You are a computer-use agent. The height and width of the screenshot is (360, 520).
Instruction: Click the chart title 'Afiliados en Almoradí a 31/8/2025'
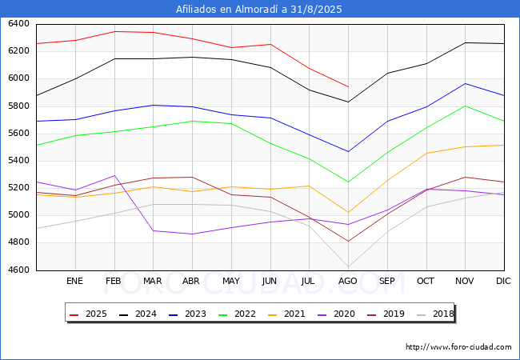258,10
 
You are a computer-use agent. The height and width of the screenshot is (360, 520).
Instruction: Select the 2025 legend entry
88,314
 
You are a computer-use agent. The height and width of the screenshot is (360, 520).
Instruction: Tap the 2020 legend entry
336,314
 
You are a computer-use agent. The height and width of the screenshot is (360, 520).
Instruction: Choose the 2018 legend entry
435,314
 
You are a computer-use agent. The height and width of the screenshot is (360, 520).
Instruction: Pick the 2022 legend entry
237,314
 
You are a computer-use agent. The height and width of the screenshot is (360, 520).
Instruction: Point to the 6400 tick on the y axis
18,24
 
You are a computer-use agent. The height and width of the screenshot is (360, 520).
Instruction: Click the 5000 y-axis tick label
18,215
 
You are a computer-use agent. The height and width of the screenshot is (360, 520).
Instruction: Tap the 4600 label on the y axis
18,270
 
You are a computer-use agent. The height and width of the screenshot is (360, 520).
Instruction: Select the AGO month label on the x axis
347,281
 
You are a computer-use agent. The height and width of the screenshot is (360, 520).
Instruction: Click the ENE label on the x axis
74,281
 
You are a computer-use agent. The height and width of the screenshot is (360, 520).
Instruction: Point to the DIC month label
503,281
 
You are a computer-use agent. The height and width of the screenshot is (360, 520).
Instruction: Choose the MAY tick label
231,281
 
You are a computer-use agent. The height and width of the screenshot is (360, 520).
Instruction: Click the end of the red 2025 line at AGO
349,87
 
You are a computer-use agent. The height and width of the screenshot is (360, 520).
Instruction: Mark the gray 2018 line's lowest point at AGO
349,266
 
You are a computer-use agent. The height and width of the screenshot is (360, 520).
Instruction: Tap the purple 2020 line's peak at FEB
114,175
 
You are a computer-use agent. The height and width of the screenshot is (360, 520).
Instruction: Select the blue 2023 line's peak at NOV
466,83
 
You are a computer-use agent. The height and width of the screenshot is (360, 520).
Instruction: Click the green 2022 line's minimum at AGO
349,182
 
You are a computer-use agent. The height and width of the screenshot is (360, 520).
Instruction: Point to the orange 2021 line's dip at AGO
349,213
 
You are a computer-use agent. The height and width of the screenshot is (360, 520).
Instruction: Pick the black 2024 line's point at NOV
466,42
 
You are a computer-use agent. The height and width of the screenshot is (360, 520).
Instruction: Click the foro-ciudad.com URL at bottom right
458,347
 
